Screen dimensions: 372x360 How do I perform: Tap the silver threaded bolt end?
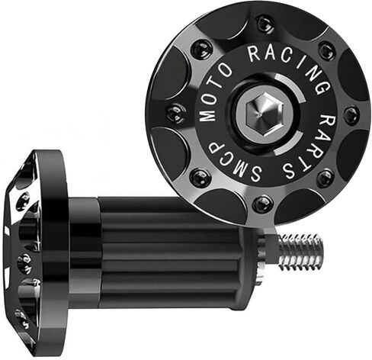click(x=300, y=252)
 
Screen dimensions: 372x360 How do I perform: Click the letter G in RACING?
click(x=322, y=87)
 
